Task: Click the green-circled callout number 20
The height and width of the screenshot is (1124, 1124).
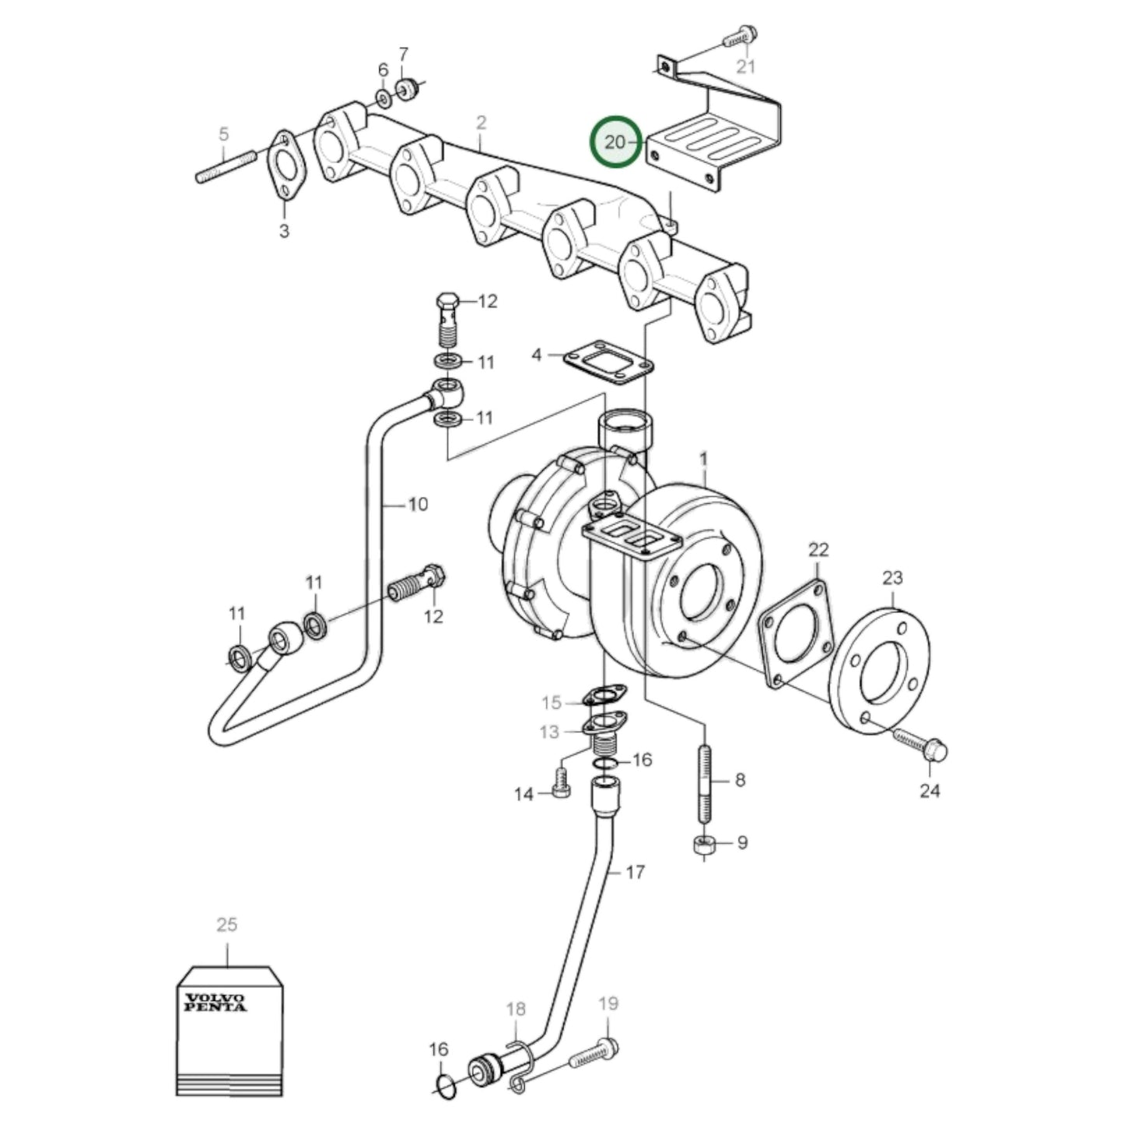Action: (x=615, y=142)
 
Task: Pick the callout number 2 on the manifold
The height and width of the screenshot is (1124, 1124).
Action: (x=481, y=122)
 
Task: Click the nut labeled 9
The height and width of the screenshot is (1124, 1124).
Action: (x=704, y=846)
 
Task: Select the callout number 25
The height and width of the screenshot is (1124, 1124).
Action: (x=226, y=925)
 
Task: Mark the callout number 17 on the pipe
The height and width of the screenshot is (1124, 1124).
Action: (x=635, y=872)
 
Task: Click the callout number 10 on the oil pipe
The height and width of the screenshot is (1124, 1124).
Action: (x=418, y=505)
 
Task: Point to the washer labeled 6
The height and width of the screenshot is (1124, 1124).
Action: (x=384, y=98)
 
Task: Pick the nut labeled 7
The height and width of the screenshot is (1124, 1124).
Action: (x=407, y=88)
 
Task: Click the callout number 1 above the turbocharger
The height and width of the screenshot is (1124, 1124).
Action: (x=704, y=460)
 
